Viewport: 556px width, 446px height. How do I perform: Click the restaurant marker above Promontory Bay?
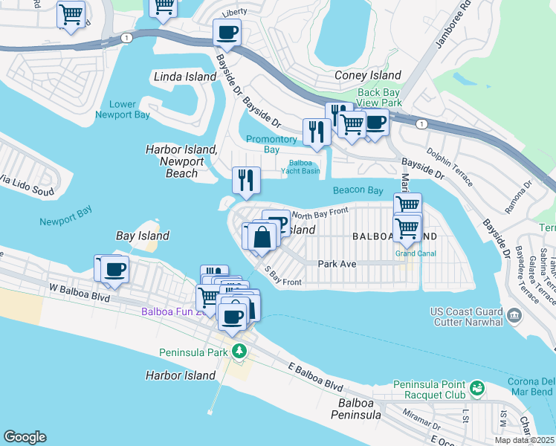[317, 132]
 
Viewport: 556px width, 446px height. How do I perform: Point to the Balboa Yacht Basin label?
[300, 167]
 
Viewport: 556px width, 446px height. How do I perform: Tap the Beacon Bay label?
[358, 190]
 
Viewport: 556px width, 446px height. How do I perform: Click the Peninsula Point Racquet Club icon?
[476, 389]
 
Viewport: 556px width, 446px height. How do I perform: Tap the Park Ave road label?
[338, 263]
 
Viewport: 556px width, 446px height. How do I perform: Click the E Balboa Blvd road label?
[315, 377]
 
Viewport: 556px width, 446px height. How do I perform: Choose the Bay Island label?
[143, 236]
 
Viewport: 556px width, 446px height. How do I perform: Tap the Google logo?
[25, 437]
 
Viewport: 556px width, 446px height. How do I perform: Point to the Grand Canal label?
[416, 253]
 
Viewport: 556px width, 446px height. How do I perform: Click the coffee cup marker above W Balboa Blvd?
[114, 270]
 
